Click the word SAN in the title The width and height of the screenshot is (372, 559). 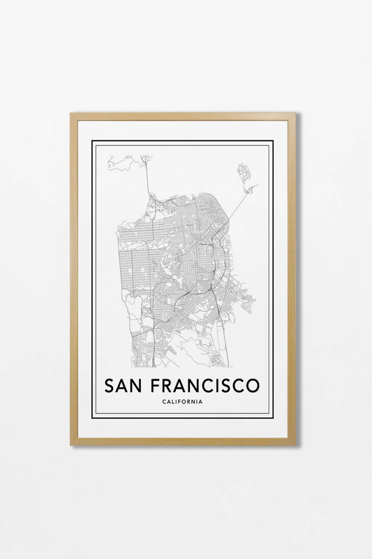coord(123,385)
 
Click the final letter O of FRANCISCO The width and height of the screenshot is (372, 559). coord(252,385)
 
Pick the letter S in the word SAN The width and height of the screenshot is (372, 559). coord(109,385)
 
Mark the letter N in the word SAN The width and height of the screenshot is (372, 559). coord(137,385)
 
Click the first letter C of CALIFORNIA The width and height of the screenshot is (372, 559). coord(163,402)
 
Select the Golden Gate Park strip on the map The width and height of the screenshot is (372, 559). coord(143,241)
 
